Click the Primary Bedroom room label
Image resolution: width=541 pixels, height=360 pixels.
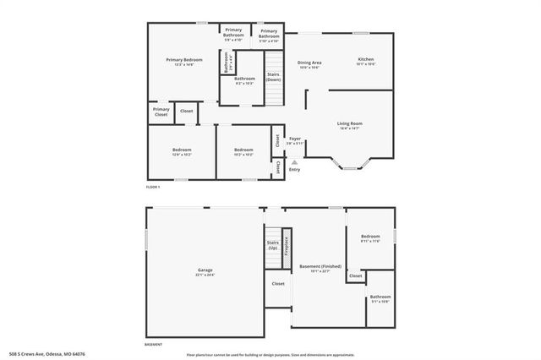click(x=184, y=59)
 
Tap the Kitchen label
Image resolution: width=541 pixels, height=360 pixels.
click(x=365, y=59)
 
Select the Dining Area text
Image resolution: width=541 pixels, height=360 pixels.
click(x=309, y=62)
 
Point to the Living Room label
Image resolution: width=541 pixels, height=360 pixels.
click(x=349, y=123)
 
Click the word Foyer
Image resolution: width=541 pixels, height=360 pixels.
click(x=295, y=139)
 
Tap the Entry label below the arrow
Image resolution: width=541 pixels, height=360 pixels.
click(x=294, y=170)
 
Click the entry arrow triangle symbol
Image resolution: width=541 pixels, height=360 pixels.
click(x=294, y=162)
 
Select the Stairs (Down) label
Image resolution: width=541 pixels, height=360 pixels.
click(x=273, y=76)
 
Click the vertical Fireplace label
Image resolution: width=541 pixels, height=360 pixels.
click(x=287, y=246)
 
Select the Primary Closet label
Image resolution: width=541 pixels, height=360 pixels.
click(x=161, y=111)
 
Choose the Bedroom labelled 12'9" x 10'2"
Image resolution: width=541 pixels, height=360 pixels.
click(x=182, y=151)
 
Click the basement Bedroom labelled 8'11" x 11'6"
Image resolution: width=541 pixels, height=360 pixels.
click(x=370, y=237)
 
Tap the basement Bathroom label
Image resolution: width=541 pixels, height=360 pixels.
click(x=380, y=296)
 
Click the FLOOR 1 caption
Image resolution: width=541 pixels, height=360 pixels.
click(x=153, y=186)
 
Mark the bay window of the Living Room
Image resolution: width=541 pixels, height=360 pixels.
click(x=349, y=164)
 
